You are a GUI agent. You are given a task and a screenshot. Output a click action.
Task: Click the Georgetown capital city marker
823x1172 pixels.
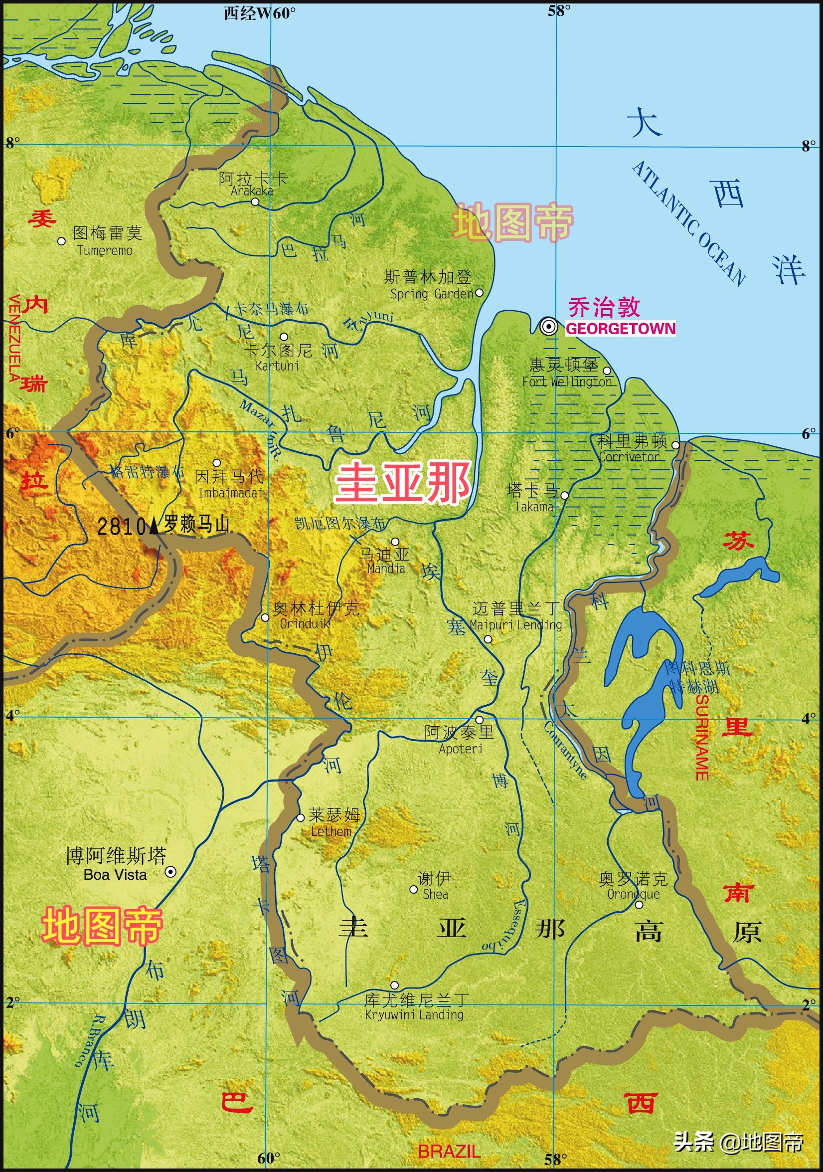tap(549, 326)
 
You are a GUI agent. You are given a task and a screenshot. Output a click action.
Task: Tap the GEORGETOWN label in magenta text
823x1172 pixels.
tap(621, 328)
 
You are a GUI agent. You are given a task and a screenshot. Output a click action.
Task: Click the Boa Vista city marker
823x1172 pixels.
tap(170, 871)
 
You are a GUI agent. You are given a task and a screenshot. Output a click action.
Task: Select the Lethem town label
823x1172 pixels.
tap(331, 831)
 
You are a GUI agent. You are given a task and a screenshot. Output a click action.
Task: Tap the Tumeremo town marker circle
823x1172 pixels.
tap(62, 241)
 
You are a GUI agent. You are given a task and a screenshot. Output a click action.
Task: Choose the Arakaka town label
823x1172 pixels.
tap(252, 191)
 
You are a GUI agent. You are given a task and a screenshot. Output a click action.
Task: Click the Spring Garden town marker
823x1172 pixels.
tap(479, 292)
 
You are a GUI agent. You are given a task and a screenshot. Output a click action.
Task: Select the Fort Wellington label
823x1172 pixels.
tap(566, 382)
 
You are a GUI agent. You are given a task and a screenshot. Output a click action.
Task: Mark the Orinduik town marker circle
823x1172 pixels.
tap(265, 617)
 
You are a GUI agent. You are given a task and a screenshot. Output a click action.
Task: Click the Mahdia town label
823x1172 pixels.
tap(386, 568)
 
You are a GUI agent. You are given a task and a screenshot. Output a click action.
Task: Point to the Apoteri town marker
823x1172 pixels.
tap(479, 720)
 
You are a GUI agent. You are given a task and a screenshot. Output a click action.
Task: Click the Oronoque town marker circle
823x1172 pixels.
tap(639, 905)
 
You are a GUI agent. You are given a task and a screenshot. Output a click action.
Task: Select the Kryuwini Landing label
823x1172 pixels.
tap(414, 1014)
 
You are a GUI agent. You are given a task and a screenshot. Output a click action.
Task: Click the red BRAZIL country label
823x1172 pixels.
tap(449, 1151)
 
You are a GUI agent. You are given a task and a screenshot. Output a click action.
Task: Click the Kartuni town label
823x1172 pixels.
tap(277, 366)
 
